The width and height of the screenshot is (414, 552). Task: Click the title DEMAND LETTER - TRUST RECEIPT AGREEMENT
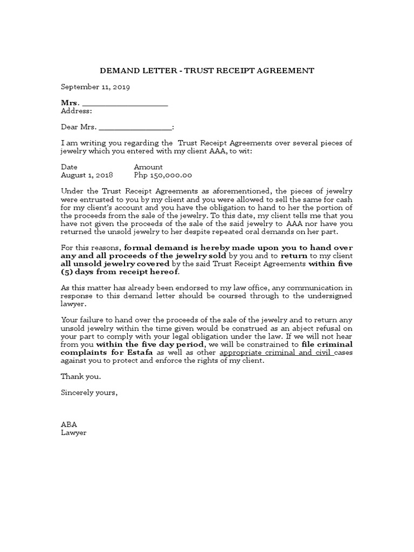click(x=207, y=71)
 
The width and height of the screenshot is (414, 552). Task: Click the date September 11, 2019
click(x=95, y=86)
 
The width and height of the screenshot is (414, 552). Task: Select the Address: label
click(x=77, y=111)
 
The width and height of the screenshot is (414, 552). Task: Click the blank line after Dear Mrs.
click(x=135, y=128)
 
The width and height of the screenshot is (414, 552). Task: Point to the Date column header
click(x=69, y=168)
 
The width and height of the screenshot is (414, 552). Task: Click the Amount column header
click(x=148, y=168)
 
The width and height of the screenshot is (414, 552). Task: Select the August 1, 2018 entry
click(x=87, y=176)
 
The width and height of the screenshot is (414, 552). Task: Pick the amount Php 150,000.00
click(x=163, y=176)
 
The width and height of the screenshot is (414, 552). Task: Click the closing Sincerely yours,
click(x=89, y=393)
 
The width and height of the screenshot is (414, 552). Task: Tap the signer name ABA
click(x=69, y=425)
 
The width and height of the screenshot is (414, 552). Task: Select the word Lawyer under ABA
click(x=73, y=433)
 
